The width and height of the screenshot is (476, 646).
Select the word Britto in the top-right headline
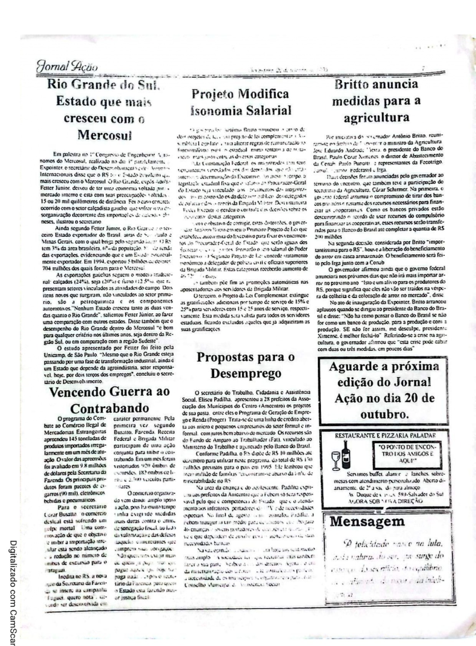coord(354,84)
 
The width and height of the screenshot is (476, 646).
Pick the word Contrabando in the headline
coord(109,408)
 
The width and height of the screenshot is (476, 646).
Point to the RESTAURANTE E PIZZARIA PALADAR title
coord(385,435)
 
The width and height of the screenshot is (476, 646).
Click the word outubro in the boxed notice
coord(384,415)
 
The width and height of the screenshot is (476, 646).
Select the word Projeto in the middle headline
coord(213,94)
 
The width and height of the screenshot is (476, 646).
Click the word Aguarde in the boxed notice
coord(351,366)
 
